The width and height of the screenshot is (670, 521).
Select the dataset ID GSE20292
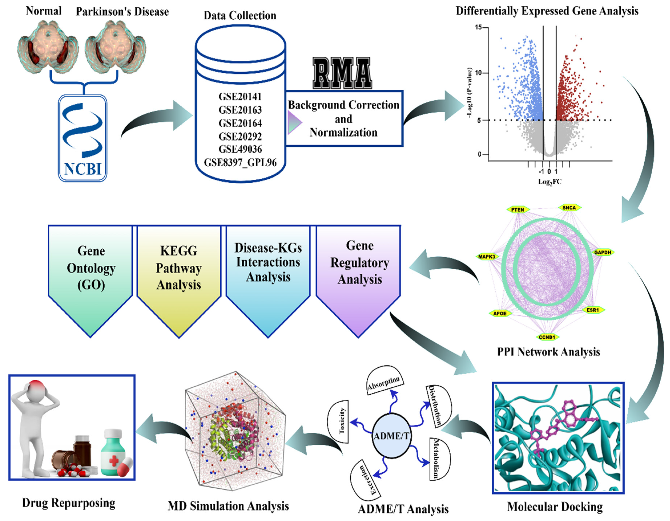click(x=240, y=136)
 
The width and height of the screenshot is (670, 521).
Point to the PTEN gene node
click(x=518, y=210)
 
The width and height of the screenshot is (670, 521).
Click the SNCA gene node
click(x=569, y=208)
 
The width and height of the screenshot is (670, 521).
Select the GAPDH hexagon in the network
click(x=602, y=253)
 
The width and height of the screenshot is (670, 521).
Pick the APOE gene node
click(x=500, y=313)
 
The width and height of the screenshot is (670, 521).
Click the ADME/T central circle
click(x=391, y=435)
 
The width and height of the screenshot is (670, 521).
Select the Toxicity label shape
click(x=339, y=421)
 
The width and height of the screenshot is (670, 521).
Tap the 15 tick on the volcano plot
click(x=478, y=28)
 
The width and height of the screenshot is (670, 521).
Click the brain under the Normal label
click(x=48, y=46)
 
